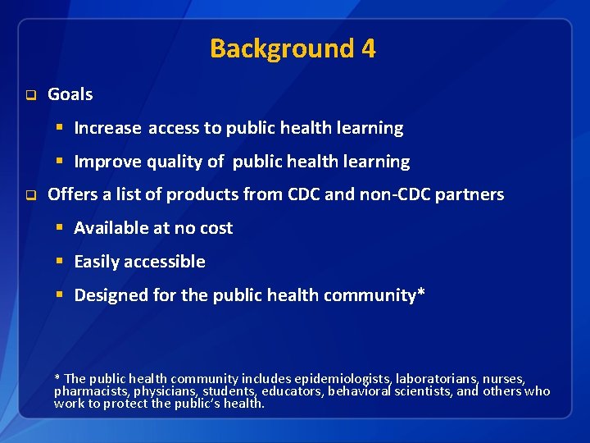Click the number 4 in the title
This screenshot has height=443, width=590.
[368, 48]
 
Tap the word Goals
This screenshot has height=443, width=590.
[70, 94]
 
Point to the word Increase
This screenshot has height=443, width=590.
[107, 128]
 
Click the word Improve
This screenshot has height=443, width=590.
[107, 162]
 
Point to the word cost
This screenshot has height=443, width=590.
[216, 228]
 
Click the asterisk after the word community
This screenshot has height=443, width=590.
[421, 293]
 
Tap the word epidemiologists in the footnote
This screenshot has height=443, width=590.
[343, 378]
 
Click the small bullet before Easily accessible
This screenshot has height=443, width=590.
[60, 262]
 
